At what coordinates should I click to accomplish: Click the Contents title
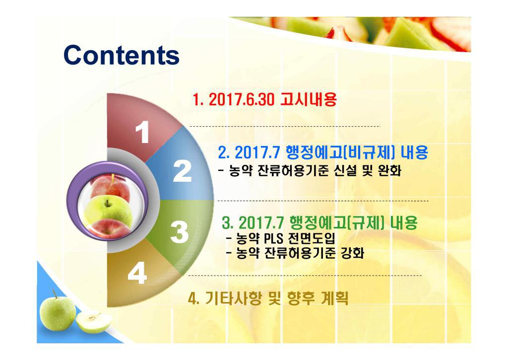[x=122, y=55]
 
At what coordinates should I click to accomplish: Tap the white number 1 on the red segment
[x=142, y=132]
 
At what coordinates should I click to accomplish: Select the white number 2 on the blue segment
[x=182, y=171]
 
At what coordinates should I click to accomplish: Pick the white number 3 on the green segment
[x=180, y=232]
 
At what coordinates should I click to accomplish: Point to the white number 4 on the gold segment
[x=137, y=273]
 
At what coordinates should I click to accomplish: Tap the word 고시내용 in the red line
[x=309, y=99]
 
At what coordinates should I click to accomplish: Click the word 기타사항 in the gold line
[x=233, y=298]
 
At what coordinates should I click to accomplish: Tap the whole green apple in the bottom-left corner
[x=58, y=313]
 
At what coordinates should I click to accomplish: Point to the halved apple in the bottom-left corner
[x=94, y=322]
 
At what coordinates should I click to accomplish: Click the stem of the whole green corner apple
[x=55, y=294]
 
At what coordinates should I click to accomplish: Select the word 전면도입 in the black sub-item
[x=312, y=239]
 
